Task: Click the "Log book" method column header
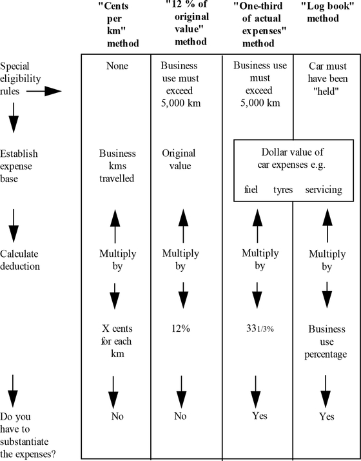click(327, 12)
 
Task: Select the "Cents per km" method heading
click(119, 25)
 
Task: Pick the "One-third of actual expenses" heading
click(260, 25)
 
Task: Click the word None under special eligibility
click(117, 66)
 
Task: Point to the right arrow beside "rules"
click(44, 91)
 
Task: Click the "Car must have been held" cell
click(327, 79)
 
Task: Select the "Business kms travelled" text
click(117, 166)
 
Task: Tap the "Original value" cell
click(179, 159)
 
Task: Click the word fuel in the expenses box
click(251, 190)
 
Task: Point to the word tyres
click(283, 190)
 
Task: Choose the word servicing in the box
click(324, 190)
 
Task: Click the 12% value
click(180, 329)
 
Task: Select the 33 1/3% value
click(260, 329)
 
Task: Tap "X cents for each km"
click(117, 341)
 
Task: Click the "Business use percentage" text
click(326, 342)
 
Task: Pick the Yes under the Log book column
click(327, 416)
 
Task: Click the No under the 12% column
click(180, 416)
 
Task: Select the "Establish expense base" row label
click(19, 166)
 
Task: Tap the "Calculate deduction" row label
click(20, 260)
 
